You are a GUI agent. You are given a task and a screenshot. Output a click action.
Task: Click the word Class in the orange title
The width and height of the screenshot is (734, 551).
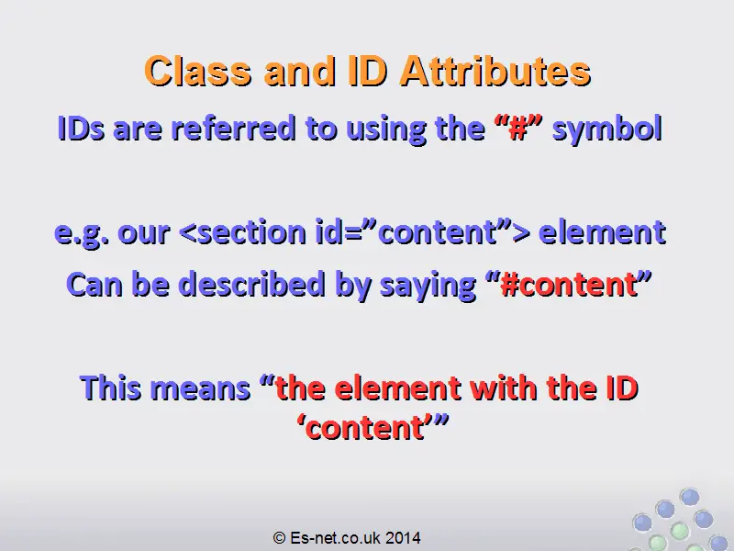click(198, 71)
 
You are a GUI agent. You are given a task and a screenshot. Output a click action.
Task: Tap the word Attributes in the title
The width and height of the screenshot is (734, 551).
click(495, 71)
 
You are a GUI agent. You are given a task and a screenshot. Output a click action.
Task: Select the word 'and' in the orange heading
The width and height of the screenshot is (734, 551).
click(300, 71)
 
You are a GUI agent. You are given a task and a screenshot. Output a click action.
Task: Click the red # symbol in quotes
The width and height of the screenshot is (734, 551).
click(518, 128)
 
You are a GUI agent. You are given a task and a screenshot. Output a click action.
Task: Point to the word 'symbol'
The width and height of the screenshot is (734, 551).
click(607, 128)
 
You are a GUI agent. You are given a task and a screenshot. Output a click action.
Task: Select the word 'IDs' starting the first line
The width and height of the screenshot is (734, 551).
click(81, 128)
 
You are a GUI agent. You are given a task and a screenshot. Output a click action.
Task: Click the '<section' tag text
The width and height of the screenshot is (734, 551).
click(242, 232)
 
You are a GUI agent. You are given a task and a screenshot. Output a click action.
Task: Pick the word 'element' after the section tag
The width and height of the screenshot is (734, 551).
click(603, 232)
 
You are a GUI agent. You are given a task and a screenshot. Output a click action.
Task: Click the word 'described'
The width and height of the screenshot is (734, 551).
click(251, 284)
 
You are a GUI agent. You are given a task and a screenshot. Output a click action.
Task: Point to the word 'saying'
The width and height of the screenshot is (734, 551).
click(428, 285)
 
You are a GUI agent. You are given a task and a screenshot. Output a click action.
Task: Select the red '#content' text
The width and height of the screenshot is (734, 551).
click(569, 284)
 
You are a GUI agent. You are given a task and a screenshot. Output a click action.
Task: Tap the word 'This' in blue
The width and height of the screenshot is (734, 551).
click(111, 388)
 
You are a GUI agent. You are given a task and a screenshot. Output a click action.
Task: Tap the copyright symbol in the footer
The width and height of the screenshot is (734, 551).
click(279, 537)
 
